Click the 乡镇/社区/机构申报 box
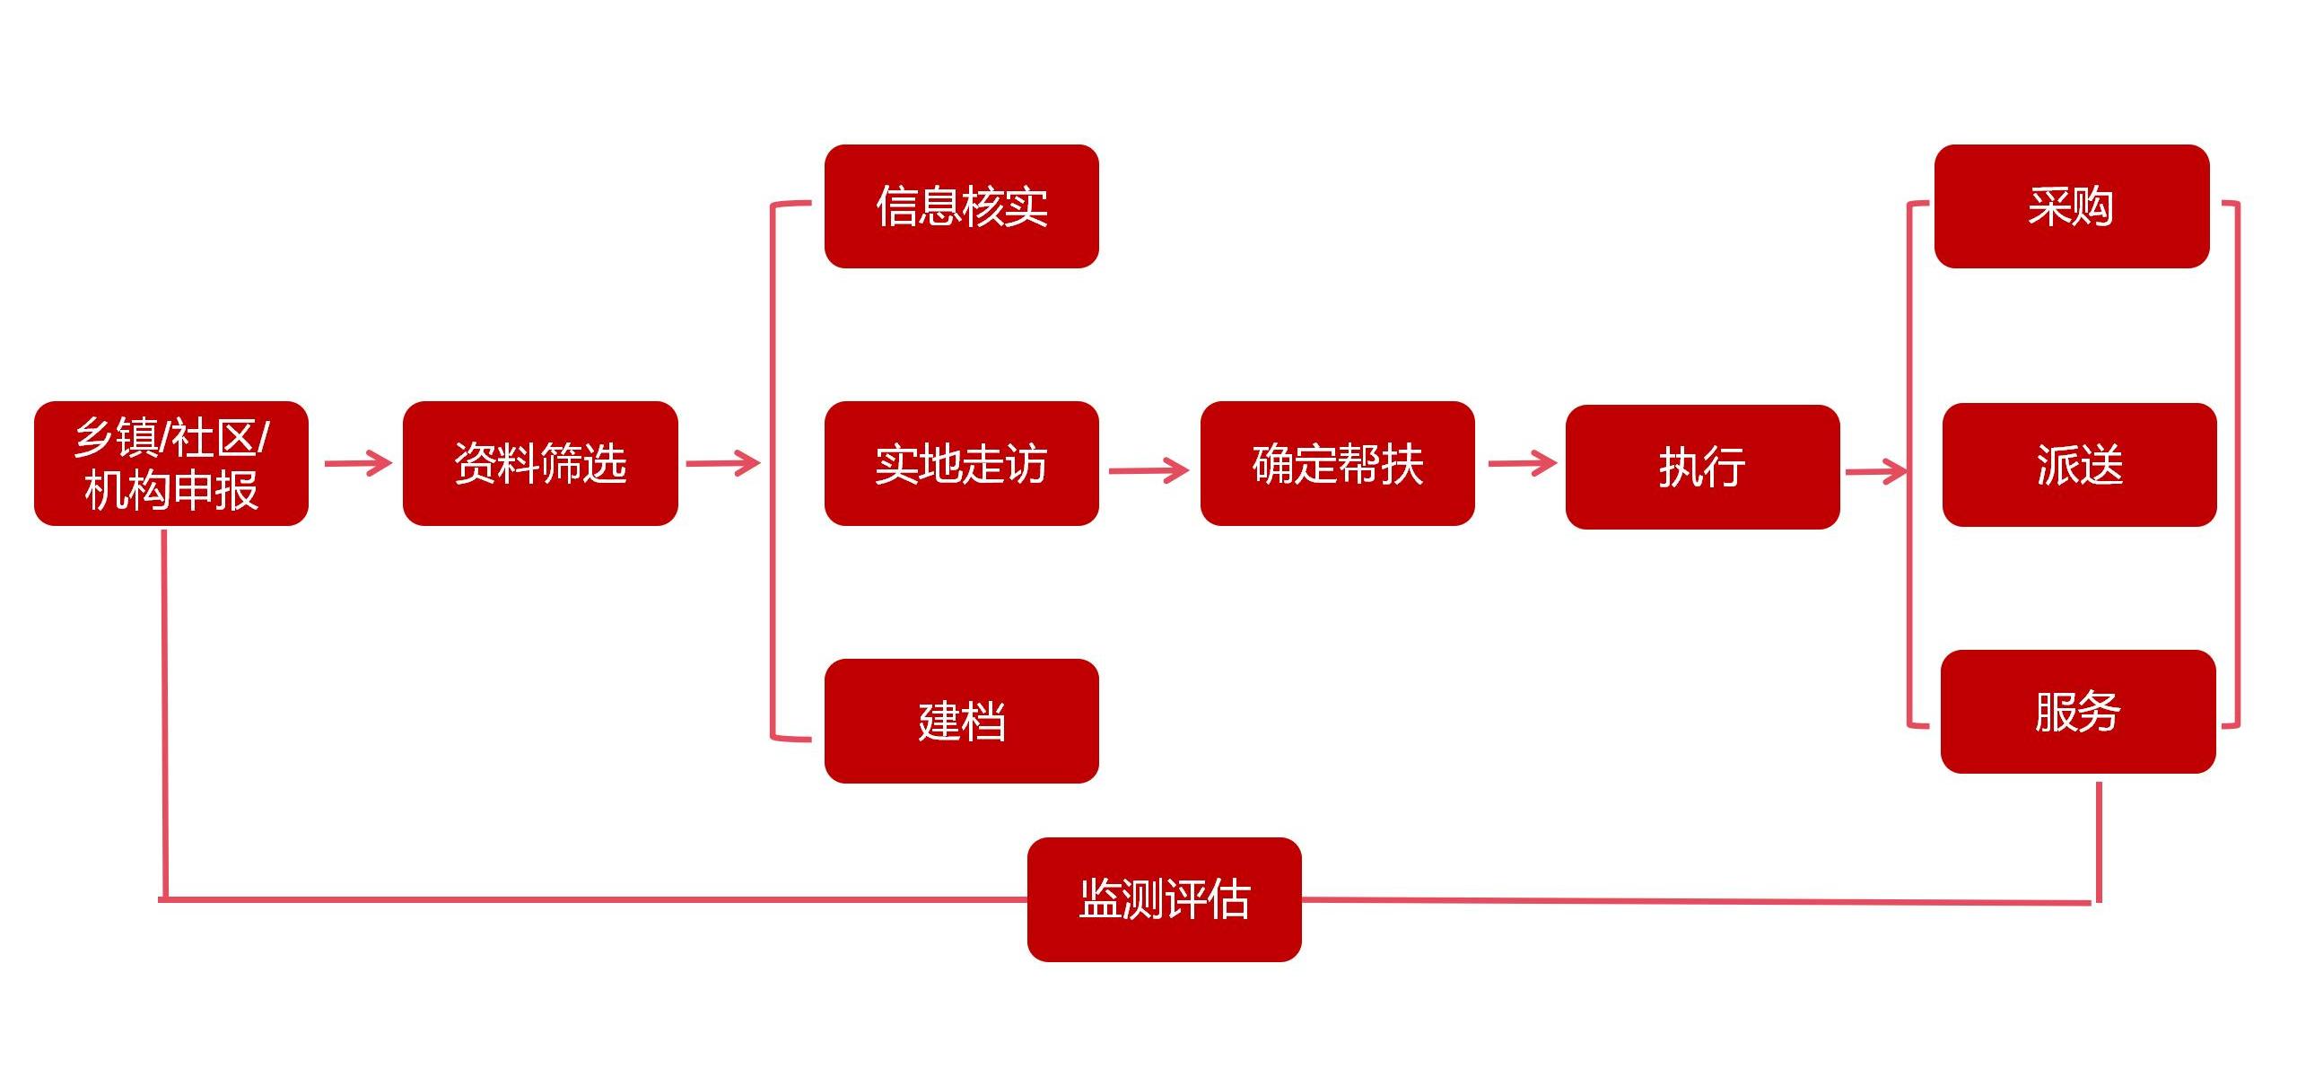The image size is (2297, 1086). pos(170,463)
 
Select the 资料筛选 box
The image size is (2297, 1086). pos(540,463)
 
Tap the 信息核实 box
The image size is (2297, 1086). pos(961,206)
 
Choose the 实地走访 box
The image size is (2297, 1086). pos(961,463)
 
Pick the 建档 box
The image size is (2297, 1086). pos(961,721)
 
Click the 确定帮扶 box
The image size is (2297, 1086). pos(1337,463)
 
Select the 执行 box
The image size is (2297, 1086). pos(1702,467)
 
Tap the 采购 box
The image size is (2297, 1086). pos(2071,206)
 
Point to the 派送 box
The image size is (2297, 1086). pos(2079,465)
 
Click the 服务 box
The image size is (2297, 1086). pos(2077,712)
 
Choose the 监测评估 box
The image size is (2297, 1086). pos(1164,899)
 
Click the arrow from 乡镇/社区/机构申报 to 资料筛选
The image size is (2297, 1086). pos(357,463)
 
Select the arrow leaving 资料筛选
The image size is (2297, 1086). pos(722,463)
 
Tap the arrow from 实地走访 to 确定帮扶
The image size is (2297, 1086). pos(1148,469)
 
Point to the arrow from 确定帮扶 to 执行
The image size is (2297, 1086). pos(1522,463)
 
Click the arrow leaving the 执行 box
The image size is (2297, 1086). pos(1875,471)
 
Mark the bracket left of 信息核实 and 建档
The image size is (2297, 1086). pos(773,467)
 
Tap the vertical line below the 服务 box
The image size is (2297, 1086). pos(2099,839)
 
